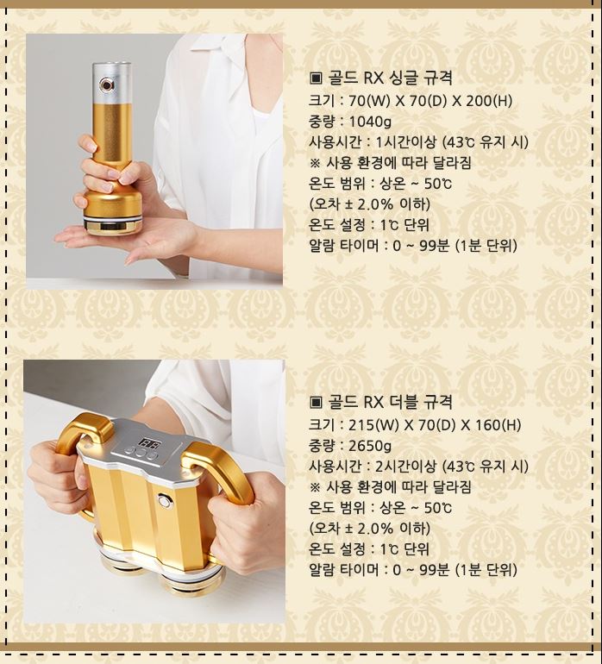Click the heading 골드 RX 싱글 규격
tap(389, 78)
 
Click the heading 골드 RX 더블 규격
tap(389, 402)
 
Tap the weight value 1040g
tap(370, 122)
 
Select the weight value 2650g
tap(370, 446)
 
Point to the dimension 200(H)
tap(489, 101)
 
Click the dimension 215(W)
tap(373, 425)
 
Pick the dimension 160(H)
tap(498, 425)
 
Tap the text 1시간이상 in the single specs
tap(406, 142)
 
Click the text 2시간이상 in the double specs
tap(406, 467)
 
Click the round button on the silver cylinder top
tap(107, 85)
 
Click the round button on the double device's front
tap(164, 501)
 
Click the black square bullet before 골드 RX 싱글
tap(316, 78)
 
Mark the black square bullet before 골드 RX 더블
tap(316, 403)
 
